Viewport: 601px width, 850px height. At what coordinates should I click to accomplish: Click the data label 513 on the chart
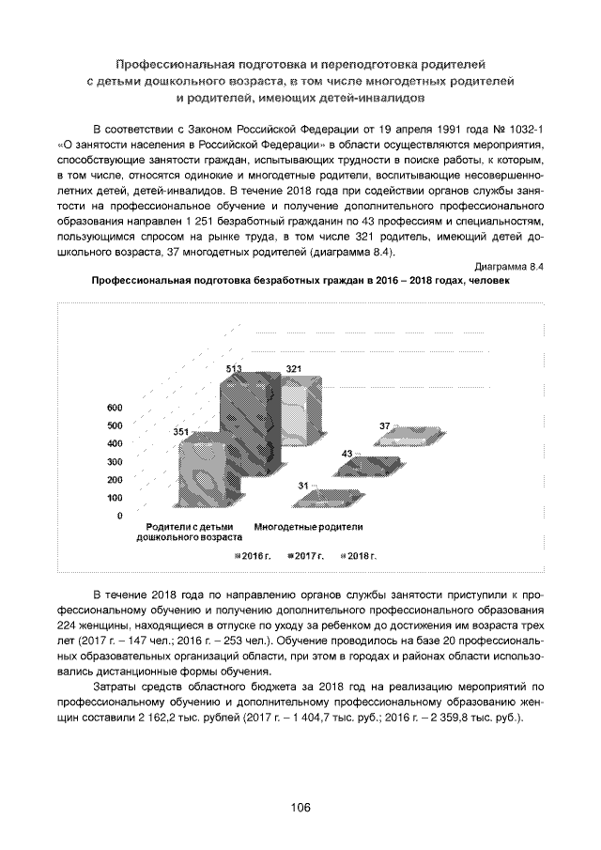[x=234, y=368]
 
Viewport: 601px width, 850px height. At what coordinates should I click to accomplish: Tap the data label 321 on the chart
[x=294, y=368]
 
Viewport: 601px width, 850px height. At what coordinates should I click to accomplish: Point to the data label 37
[x=385, y=425]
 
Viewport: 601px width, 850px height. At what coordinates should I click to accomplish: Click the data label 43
[x=347, y=454]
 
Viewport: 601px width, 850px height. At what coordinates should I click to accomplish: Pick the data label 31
[x=303, y=485]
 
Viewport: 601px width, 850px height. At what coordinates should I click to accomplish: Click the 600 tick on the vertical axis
[x=115, y=408]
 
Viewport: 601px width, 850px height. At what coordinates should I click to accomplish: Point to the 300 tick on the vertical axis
[x=115, y=462]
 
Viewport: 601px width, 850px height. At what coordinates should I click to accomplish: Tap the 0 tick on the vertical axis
[x=119, y=516]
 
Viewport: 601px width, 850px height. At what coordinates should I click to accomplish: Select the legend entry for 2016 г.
[x=252, y=556]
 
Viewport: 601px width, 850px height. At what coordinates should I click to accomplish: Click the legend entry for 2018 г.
[x=358, y=556]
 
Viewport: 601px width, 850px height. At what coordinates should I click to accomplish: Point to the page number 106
[x=300, y=807]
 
